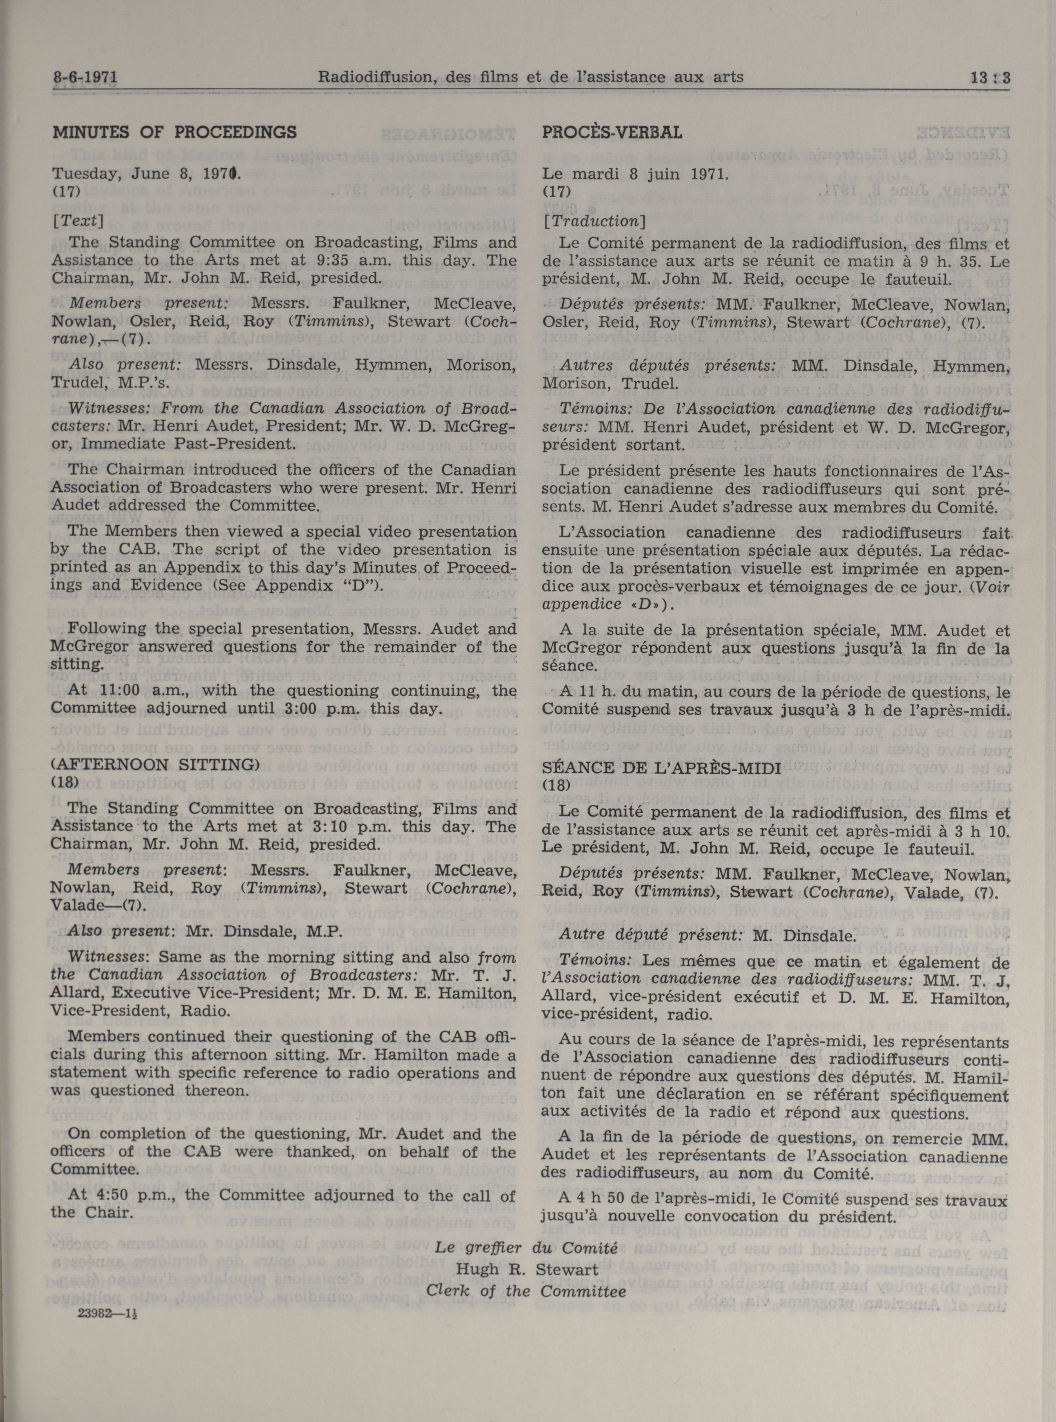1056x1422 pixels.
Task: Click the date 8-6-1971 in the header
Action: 86,78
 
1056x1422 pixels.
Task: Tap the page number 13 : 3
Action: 988,78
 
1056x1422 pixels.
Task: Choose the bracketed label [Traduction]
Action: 594,221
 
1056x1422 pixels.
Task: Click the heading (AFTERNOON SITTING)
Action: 155,765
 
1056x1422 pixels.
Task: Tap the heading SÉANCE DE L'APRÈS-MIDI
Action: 661,768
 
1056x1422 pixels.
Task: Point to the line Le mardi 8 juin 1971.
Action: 635,173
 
